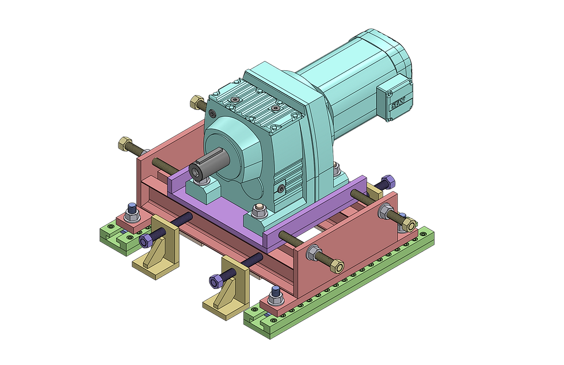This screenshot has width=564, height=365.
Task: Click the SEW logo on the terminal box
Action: pyautogui.click(x=398, y=102)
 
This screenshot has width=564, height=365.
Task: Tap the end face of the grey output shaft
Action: pyautogui.click(x=197, y=172)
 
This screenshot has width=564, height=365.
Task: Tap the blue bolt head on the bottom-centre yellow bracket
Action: pyautogui.click(x=215, y=281)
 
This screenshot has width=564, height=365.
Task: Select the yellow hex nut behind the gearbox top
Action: pyautogui.click(x=197, y=102)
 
